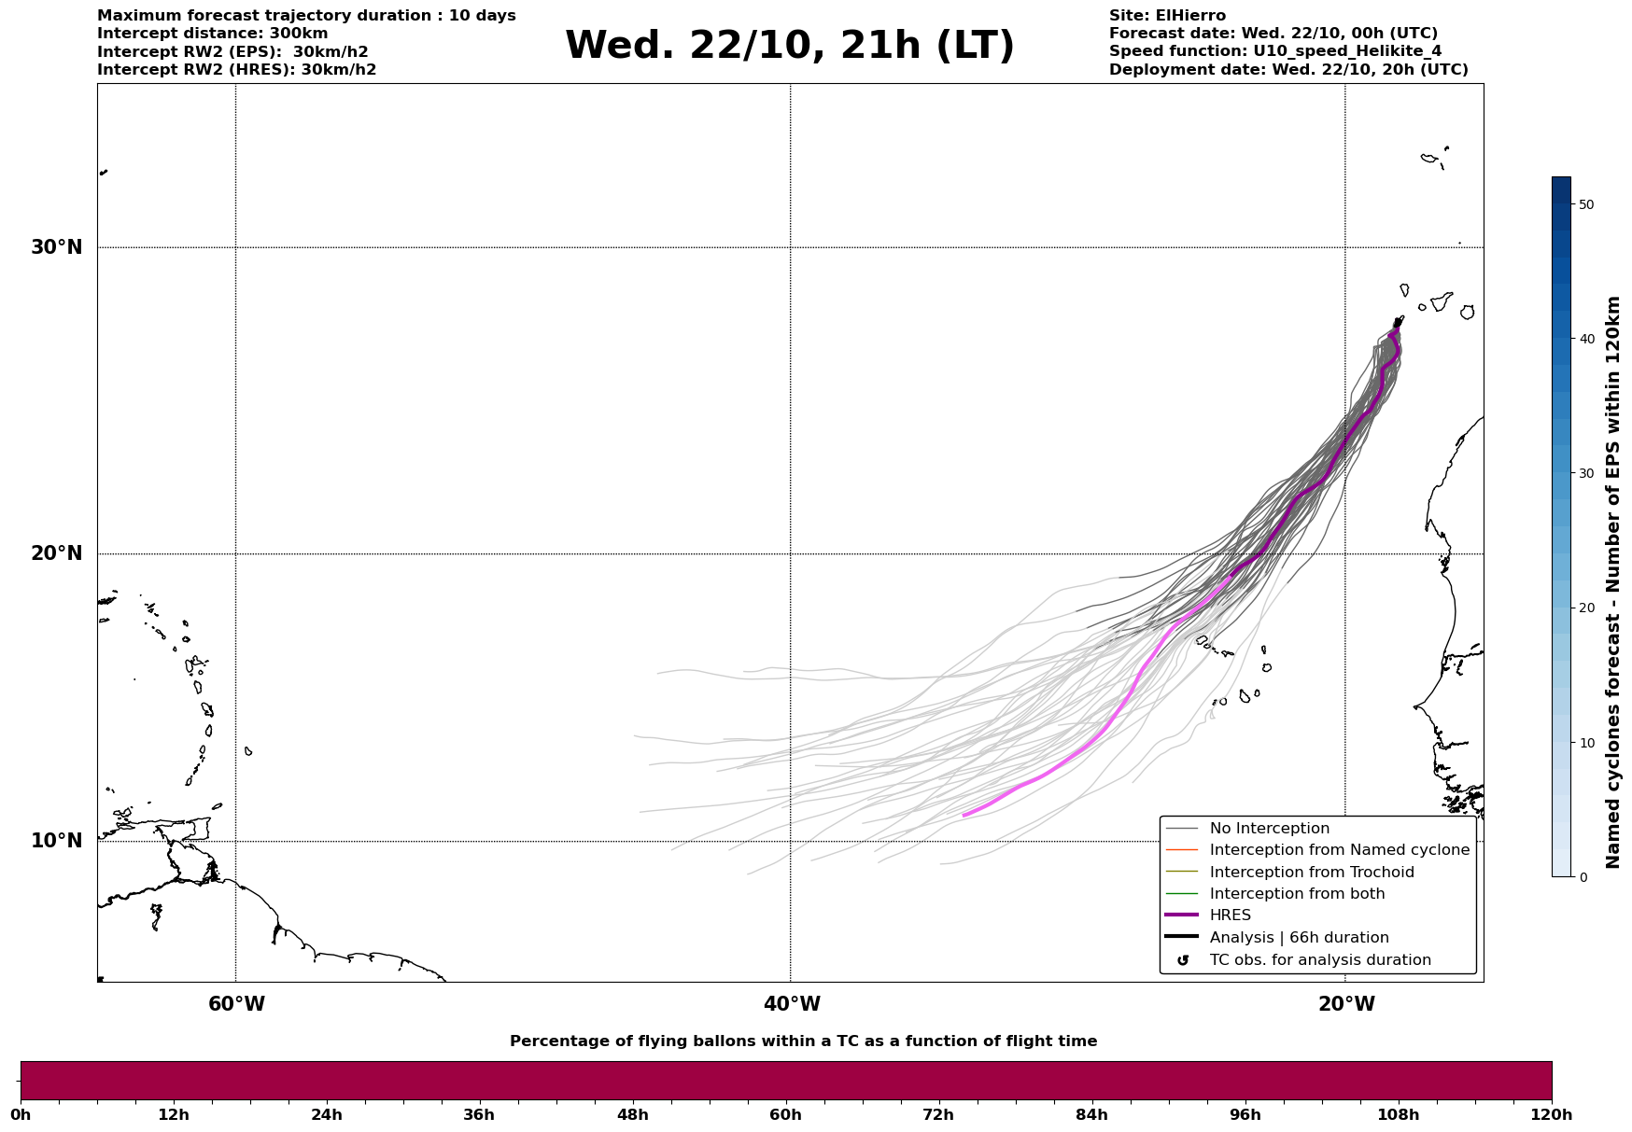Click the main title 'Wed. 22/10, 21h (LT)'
[789, 46]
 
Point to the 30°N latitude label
[56, 247]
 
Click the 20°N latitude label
[56, 553]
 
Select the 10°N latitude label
[56, 841]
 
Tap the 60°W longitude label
[236, 1004]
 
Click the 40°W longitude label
[792, 1004]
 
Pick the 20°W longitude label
[1346, 1004]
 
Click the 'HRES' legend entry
[1230, 915]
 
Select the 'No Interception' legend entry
[1269, 829]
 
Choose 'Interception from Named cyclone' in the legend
[1339, 850]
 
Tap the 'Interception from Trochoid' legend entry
[1311, 873]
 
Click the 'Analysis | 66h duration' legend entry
[1299, 938]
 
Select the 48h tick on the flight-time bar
[632, 1114]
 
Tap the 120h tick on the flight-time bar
[1552, 1114]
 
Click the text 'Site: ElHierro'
[1167, 16]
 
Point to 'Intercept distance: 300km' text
[213, 34]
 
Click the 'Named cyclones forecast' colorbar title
[1613, 582]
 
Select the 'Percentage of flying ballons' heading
[803, 1041]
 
